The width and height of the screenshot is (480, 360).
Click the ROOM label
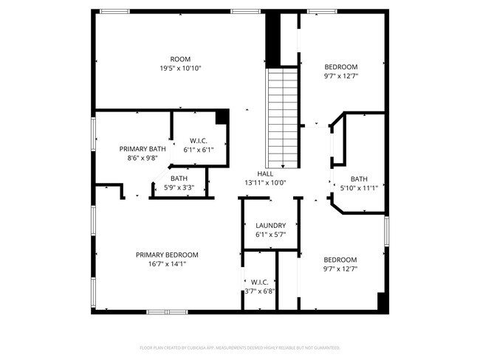click(181, 59)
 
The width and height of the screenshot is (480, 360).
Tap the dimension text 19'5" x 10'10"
click(181, 68)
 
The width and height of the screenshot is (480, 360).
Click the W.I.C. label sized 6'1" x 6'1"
click(198, 141)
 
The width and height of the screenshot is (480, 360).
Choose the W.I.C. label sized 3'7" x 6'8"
click(259, 282)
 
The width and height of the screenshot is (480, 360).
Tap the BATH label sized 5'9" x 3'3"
click(179, 179)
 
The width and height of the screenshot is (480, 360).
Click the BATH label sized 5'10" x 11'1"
click(359, 179)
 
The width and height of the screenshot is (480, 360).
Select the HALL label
click(265, 173)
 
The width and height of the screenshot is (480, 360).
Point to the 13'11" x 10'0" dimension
click(265, 182)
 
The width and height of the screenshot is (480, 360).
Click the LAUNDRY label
click(270, 226)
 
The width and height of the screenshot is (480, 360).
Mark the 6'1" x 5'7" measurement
click(270, 235)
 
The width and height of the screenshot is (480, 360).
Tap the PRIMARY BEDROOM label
click(167, 255)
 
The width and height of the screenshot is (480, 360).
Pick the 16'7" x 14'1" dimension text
click(167, 263)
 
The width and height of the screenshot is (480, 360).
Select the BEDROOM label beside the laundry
click(340, 260)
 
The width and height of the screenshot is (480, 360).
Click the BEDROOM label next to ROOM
click(340, 66)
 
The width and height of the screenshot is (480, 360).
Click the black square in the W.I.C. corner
click(222, 117)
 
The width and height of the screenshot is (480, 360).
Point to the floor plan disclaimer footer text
click(239, 347)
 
